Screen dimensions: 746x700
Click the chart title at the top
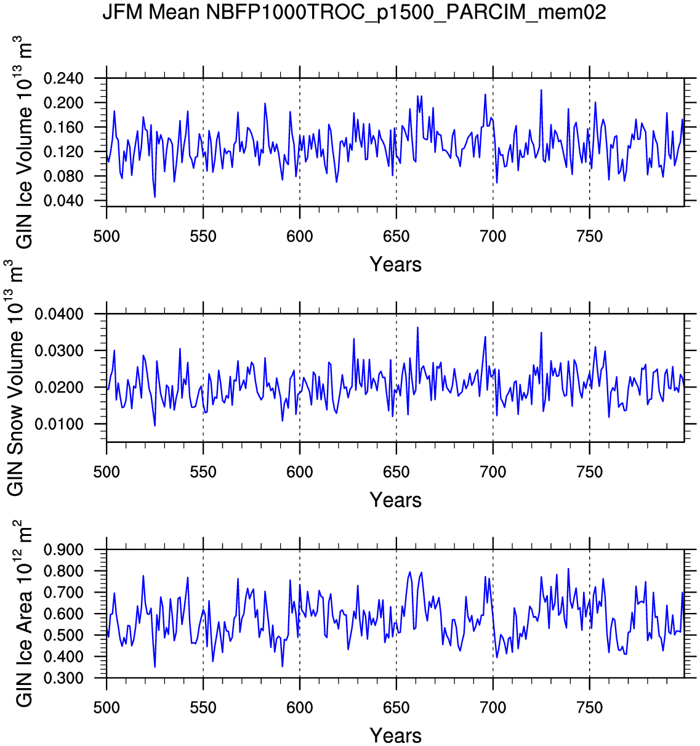coord(354,12)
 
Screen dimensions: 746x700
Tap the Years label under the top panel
coord(395,264)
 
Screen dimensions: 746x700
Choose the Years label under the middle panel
coord(395,500)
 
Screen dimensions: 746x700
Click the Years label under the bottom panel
coord(395,735)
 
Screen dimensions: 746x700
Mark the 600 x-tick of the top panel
coord(300,237)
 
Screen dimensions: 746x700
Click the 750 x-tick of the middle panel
coord(590,472)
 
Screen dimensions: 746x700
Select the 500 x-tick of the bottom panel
coord(107,708)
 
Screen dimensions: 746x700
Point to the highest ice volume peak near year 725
coord(541,90)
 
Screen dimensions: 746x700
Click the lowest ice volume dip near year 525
coord(155,197)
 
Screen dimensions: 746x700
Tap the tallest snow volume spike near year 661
coord(417,328)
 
